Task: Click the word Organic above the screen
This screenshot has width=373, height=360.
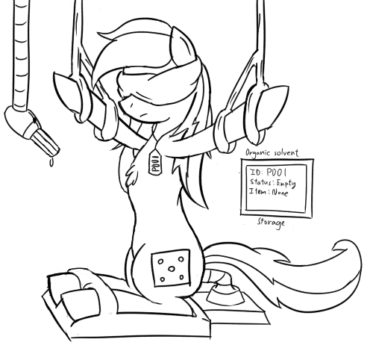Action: tap(257, 152)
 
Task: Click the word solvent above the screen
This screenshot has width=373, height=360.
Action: tap(286, 152)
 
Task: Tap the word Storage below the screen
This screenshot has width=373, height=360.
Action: tap(271, 222)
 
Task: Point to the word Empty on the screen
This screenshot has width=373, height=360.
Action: tap(286, 184)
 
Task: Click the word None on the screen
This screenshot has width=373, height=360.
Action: tap(280, 193)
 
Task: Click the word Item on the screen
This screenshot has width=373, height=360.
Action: tap(258, 191)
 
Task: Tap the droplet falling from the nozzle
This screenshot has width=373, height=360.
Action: tap(51, 163)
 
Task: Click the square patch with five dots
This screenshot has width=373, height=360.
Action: tap(171, 268)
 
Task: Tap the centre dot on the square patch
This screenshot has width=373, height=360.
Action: tap(171, 269)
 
